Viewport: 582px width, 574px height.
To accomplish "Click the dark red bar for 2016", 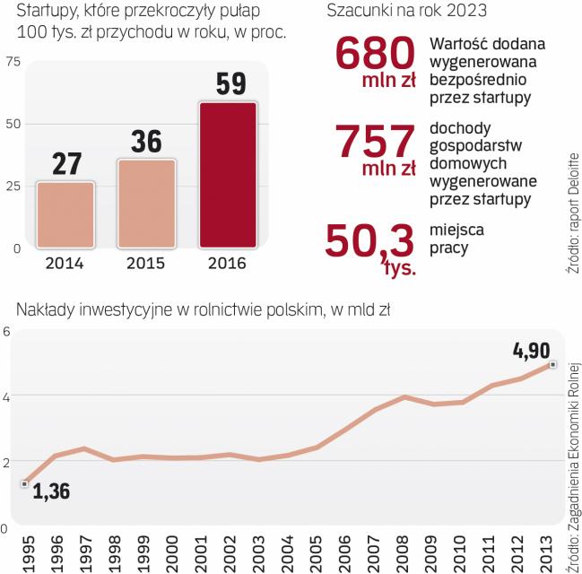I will [228, 175].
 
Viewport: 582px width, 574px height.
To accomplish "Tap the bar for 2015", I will [146, 203].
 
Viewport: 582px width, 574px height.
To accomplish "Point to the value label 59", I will [229, 84].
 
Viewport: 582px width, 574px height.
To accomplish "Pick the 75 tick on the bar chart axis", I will [13, 61].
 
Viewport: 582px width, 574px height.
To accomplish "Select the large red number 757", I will [374, 141].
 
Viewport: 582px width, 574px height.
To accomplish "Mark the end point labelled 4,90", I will [552, 364].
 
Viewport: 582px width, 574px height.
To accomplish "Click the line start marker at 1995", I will [25, 483].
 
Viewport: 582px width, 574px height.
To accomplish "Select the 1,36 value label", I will [51, 491].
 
